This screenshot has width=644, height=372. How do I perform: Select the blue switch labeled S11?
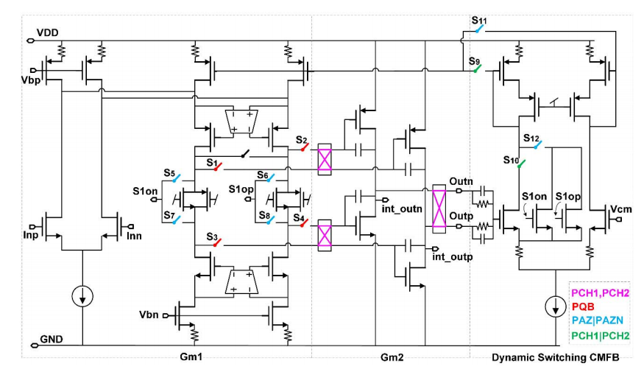pos(480,30)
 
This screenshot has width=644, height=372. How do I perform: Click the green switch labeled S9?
pos(478,68)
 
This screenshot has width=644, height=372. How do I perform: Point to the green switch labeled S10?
pos(522,165)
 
